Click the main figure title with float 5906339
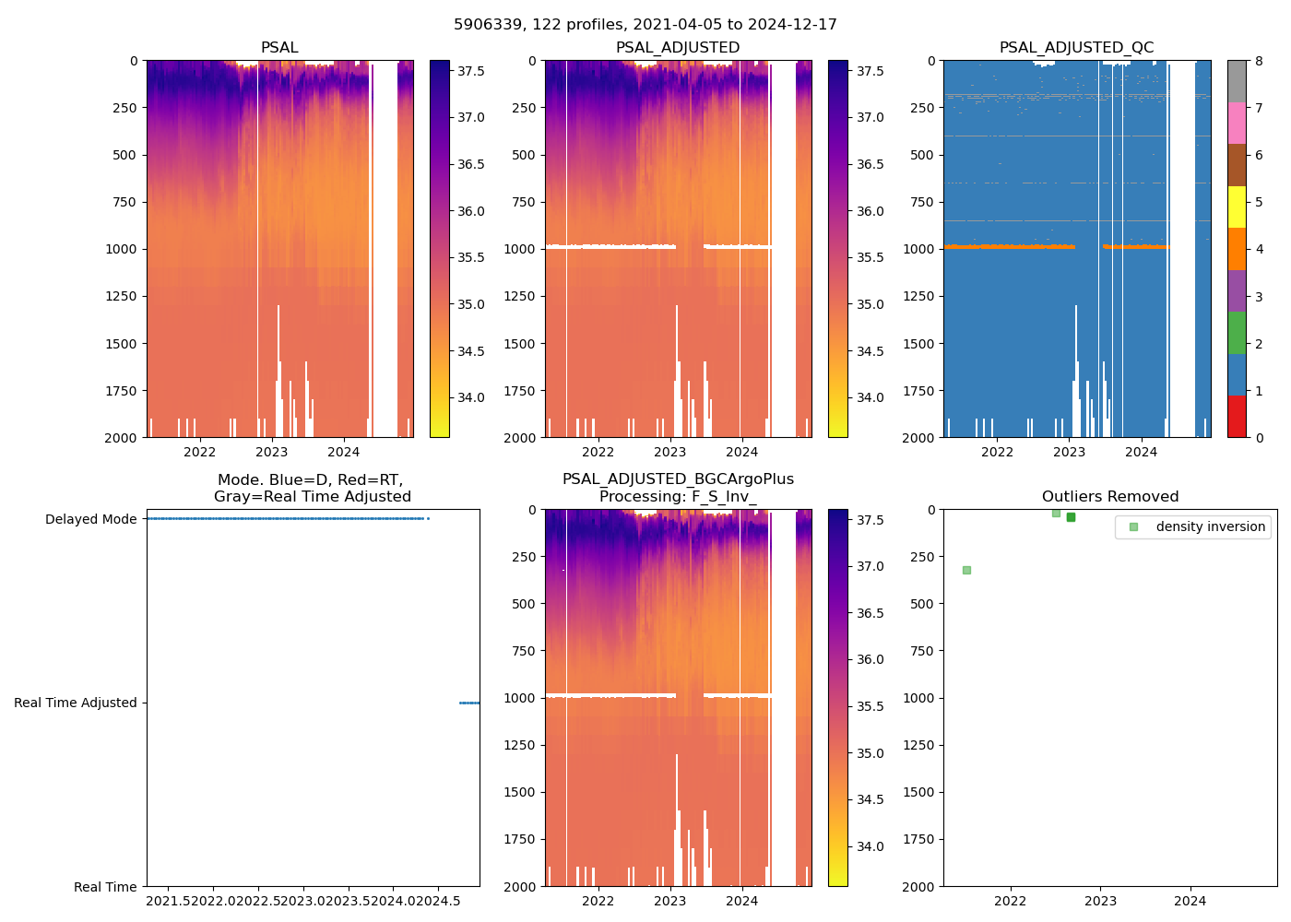tap(645, 25)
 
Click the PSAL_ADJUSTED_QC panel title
tap(1076, 48)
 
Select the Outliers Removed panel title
tap(1110, 497)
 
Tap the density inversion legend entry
tap(1210, 526)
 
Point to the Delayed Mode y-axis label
tap(90, 519)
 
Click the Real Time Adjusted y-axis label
tap(76, 703)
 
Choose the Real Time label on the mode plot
tap(105, 887)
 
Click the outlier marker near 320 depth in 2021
tap(966, 570)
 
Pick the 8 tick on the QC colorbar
tap(1259, 61)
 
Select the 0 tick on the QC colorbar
tap(1259, 437)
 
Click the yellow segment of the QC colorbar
tap(1237, 207)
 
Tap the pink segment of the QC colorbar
tap(1237, 124)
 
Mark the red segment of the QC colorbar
tap(1237, 417)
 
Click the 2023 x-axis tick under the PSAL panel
tap(272, 452)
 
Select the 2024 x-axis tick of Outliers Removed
tap(1190, 901)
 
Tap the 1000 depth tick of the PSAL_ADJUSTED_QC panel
tap(924, 249)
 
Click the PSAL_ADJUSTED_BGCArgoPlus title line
tap(678, 479)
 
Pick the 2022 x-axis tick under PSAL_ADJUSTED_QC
tap(997, 452)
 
